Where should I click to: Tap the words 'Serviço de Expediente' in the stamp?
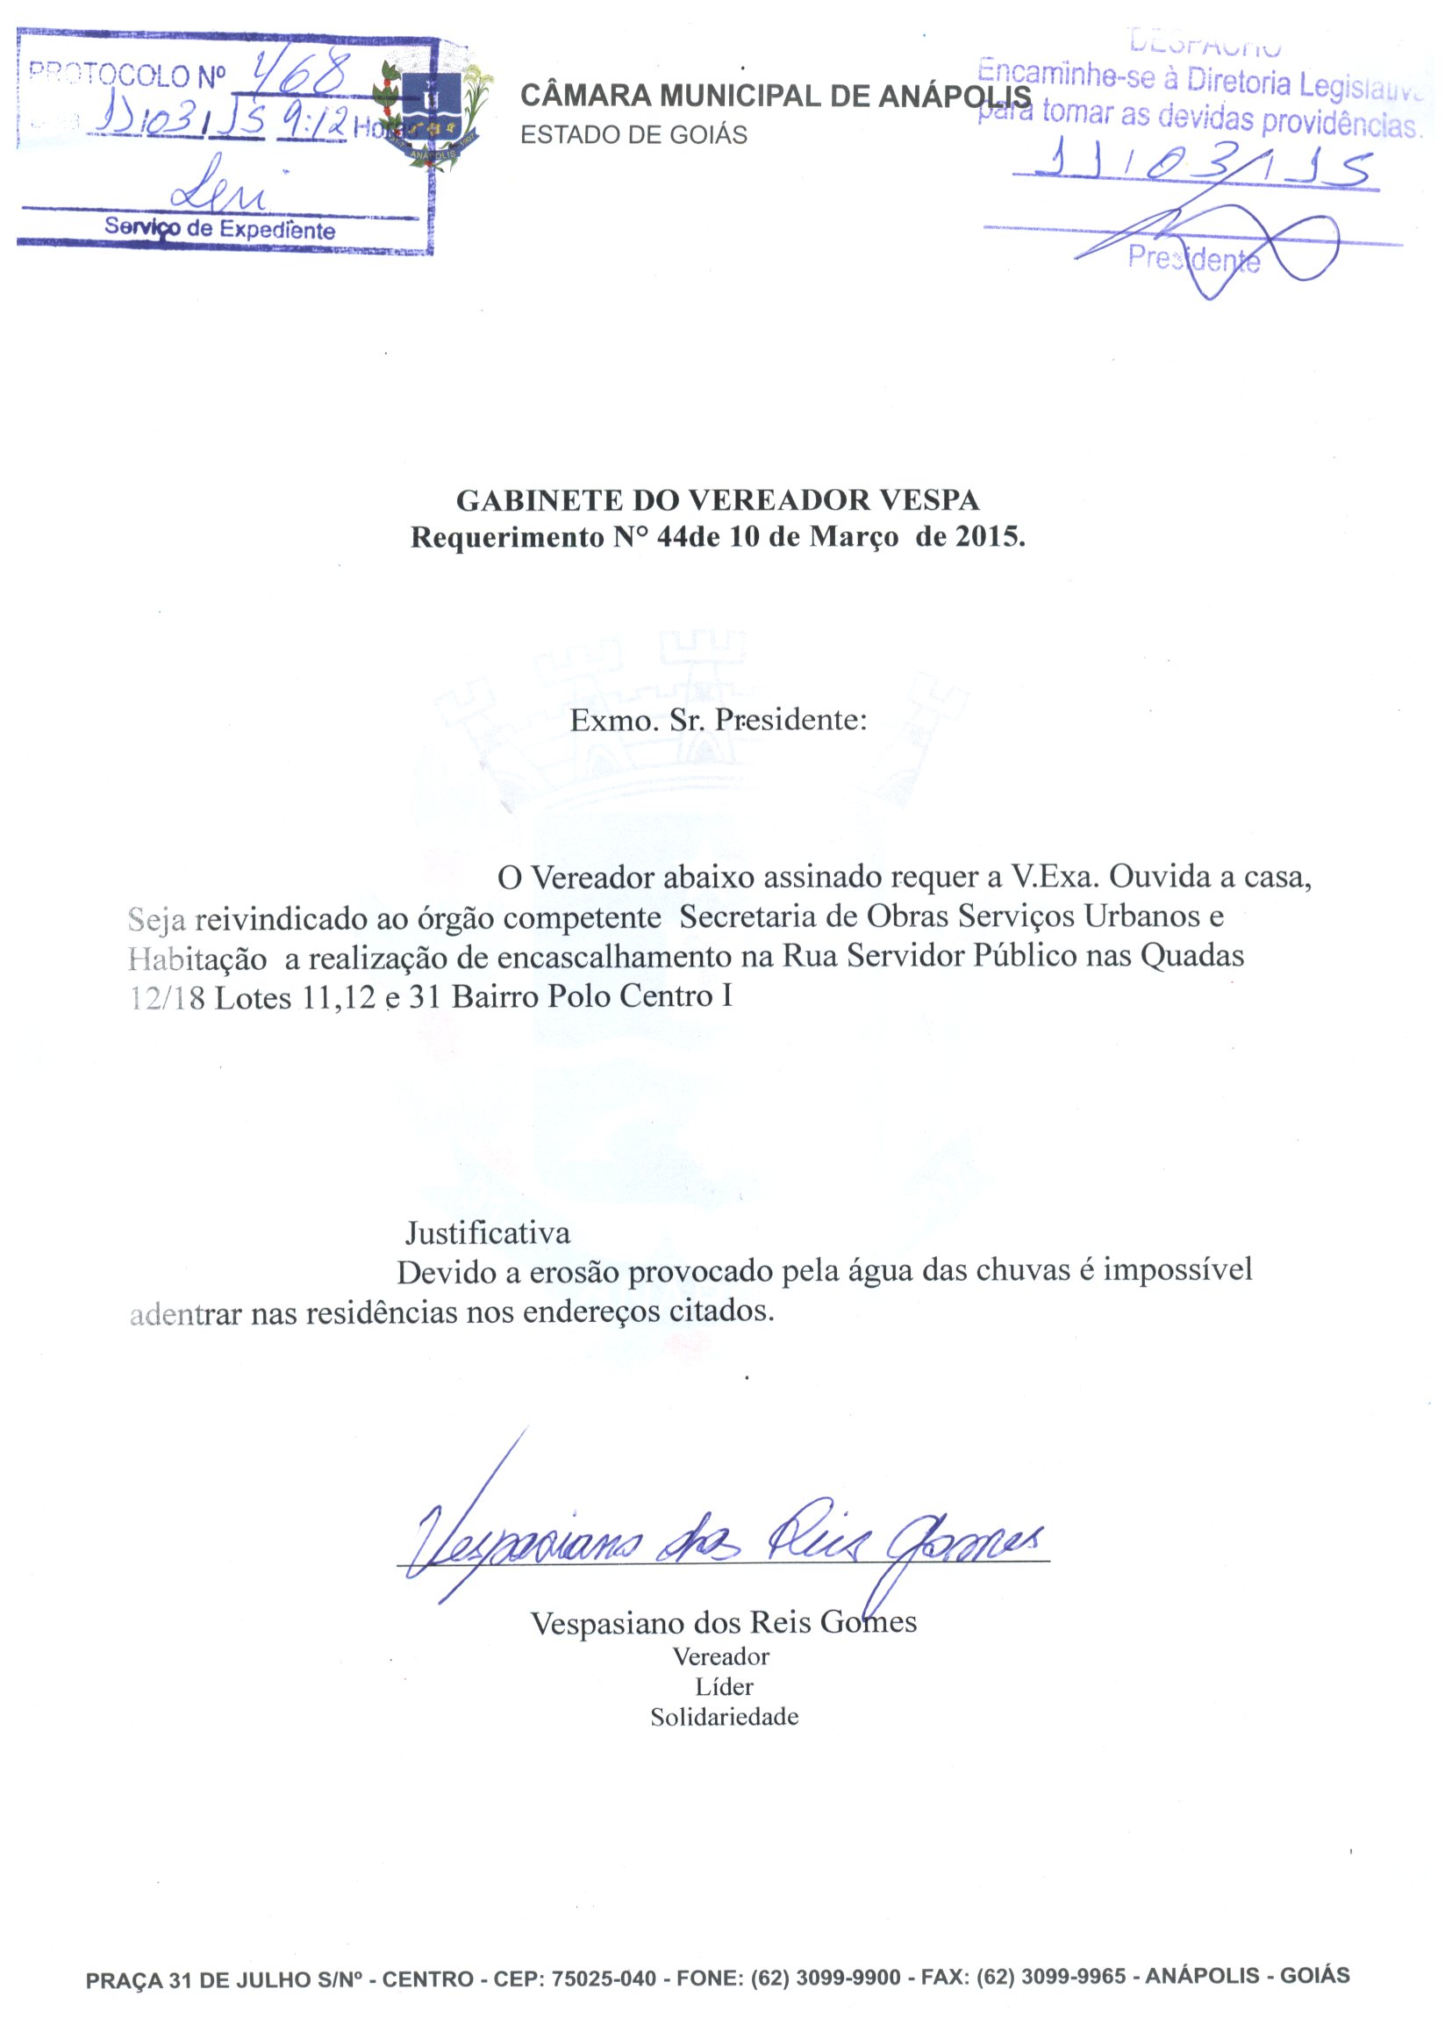coord(220,229)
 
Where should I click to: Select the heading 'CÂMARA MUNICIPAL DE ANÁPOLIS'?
coord(776,97)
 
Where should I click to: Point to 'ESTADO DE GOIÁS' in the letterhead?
coord(633,135)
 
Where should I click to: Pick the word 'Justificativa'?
coord(487,1233)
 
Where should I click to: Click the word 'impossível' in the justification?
coord(1177,1271)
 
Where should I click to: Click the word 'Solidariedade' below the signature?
coord(724,1717)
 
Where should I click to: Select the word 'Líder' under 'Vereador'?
coord(724,1687)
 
